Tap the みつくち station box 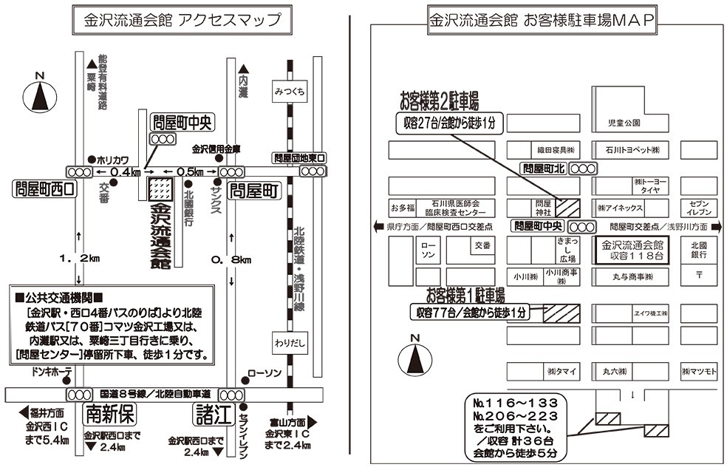click(x=289, y=91)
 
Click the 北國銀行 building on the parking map click(x=699, y=249)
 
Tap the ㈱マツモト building click(x=699, y=371)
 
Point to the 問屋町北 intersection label click(x=544, y=168)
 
